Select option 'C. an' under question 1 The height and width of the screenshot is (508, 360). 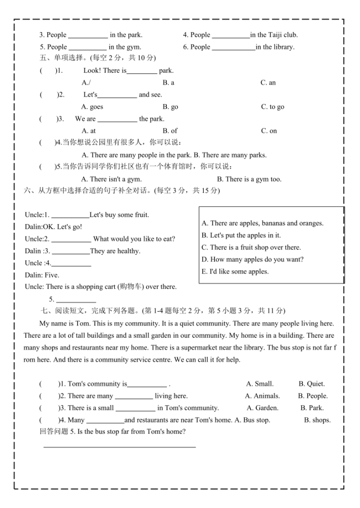click(268, 83)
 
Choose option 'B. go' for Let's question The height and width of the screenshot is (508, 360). click(170, 107)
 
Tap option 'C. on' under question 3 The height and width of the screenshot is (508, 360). click(269, 131)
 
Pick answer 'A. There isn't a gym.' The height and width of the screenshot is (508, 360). click(111, 179)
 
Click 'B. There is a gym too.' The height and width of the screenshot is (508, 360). click(253, 179)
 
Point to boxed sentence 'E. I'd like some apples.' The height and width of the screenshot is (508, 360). click(235, 271)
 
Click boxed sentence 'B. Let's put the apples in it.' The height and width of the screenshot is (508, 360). click(241, 235)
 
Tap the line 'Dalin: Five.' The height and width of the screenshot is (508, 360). click(42, 275)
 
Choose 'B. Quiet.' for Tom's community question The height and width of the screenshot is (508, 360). click(312, 383)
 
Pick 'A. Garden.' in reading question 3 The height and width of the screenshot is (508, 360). click(263, 408)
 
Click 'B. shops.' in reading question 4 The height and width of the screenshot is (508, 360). click(317, 420)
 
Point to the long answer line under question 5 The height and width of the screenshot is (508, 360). click(120, 446)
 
